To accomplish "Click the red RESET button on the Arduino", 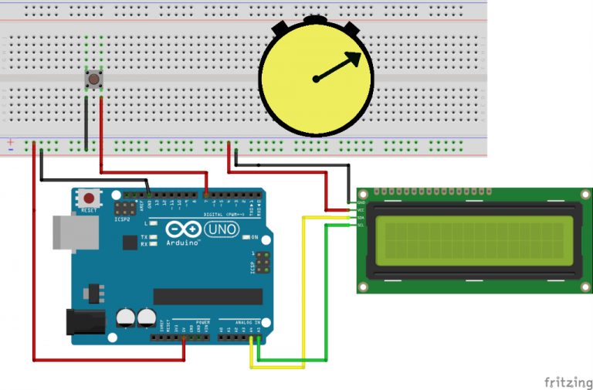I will coord(89,198).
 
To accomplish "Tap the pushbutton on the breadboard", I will coord(93,79).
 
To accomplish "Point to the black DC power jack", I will coord(86,321).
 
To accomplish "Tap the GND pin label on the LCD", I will coord(361,202).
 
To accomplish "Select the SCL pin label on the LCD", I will coord(361,226).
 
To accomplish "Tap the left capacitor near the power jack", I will coord(125,317).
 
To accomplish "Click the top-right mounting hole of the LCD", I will coord(583,195).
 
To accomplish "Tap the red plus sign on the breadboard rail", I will coord(10,141).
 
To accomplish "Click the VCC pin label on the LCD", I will coord(361,209).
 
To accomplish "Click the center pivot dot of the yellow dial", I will coord(316,78).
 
